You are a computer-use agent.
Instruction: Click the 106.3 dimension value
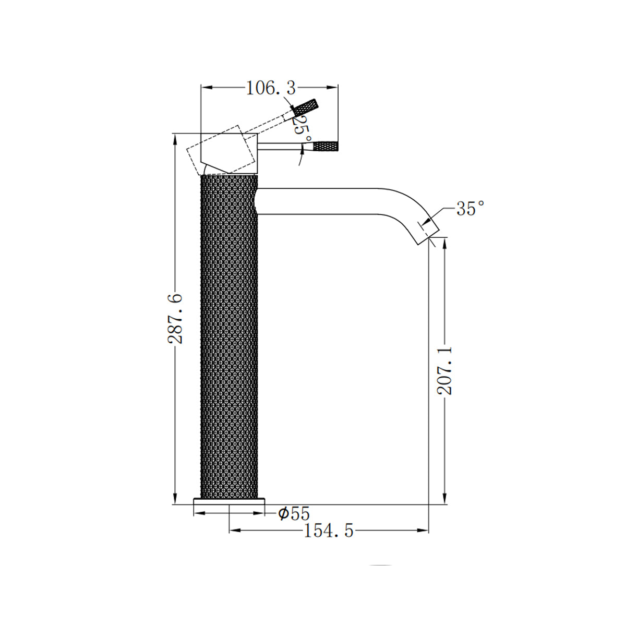[271, 88]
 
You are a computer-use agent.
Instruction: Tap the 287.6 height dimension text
[175, 318]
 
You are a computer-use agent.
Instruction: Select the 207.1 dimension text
[444, 371]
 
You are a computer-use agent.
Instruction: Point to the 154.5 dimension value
[329, 540]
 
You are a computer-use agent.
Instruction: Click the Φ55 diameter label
[294, 514]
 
